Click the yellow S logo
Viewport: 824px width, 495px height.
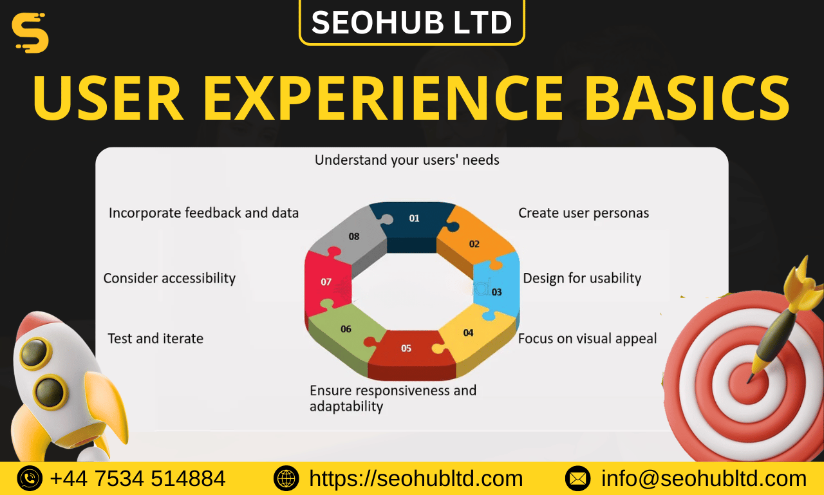pos(30,33)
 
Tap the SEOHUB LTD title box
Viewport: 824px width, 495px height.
pos(412,22)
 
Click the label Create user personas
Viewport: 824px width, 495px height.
pos(583,213)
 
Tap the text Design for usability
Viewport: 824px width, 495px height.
pos(582,278)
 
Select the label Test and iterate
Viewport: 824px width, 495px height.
pos(155,339)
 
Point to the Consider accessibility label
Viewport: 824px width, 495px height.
pos(169,278)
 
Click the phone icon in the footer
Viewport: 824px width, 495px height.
pos(30,478)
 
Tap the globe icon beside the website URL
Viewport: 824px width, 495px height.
pos(286,478)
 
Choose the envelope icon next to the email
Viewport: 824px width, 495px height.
pos(577,478)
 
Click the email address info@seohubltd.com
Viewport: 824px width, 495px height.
pos(704,478)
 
